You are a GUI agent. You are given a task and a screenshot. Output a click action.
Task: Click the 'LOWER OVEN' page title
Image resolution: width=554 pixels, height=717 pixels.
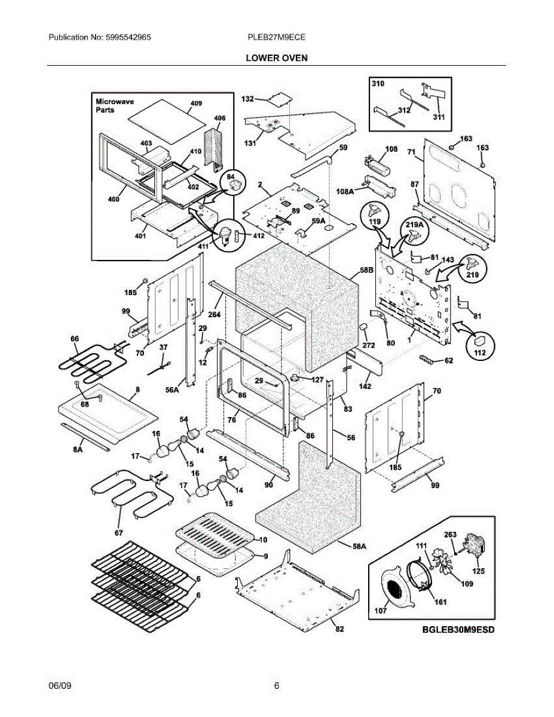coord(277,58)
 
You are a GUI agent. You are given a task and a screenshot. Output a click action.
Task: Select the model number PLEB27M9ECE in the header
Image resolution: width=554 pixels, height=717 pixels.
coord(277,37)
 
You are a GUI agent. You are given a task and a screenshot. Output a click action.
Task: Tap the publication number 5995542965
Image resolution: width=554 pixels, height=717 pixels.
coord(128,37)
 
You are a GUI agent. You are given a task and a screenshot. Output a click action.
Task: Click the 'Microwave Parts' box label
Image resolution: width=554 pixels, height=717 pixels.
coord(115,106)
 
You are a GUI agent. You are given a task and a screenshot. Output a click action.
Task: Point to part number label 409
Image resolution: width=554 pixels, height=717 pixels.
coord(196,103)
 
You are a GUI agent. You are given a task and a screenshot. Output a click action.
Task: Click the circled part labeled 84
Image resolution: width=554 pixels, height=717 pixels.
coord(232,183)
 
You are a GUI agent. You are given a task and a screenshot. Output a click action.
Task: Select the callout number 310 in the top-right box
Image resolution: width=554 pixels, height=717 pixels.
coord(378,84)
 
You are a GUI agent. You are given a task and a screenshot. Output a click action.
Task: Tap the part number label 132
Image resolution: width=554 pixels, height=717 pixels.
coord(247,99)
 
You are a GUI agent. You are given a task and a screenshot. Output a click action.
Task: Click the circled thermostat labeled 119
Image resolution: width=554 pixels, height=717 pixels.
coord(375,216)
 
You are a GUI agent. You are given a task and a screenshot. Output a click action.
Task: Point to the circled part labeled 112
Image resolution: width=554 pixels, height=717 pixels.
coord(480,345)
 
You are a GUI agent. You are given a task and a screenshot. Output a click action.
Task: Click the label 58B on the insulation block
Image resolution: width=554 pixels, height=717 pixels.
coord(366,270)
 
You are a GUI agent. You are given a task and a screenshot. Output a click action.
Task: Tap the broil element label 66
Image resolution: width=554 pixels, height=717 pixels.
coord(75,339)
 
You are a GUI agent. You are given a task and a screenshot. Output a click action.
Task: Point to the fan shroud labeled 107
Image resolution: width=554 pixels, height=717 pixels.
coord(397,587)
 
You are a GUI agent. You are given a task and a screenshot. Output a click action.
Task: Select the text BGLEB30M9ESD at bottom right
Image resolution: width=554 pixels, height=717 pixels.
coord(458,630)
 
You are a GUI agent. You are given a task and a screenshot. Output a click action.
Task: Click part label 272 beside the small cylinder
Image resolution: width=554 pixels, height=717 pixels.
coord(369,345)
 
